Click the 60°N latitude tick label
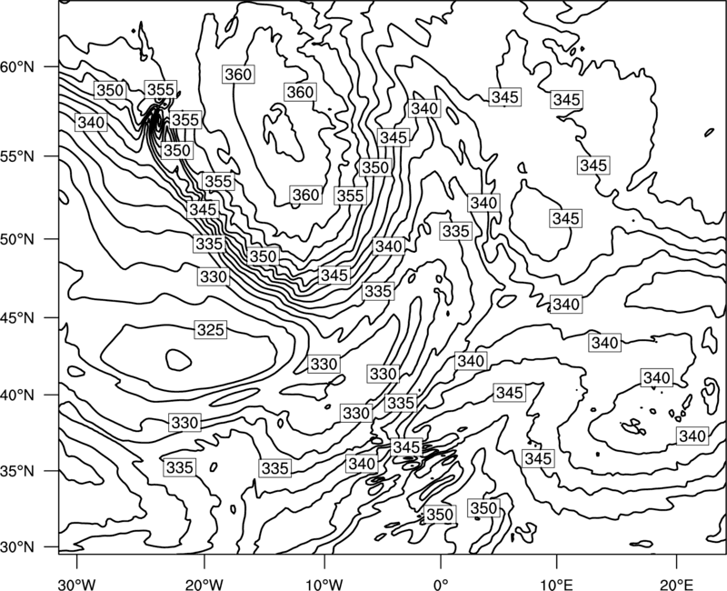coord(17,67)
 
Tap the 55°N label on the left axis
coord(17,156)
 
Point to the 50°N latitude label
coord(17,239)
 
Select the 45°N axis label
coord(17,317)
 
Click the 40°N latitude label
coord(17,396)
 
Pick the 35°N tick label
coord(17,471)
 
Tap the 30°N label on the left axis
coord(17,547)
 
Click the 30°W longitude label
coord(76,584)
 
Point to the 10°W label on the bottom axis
coord(324,584)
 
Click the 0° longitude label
coord(441,584)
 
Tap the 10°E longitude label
coord(556,584)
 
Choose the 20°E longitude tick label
coord(676,584)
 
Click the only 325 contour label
coord(211,330)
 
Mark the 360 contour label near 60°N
coord(238,75)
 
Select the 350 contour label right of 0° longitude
coord(483,508)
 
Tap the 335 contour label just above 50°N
coord(456,231)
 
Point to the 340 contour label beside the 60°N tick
coord(92,123)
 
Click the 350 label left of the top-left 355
coord(110,90)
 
